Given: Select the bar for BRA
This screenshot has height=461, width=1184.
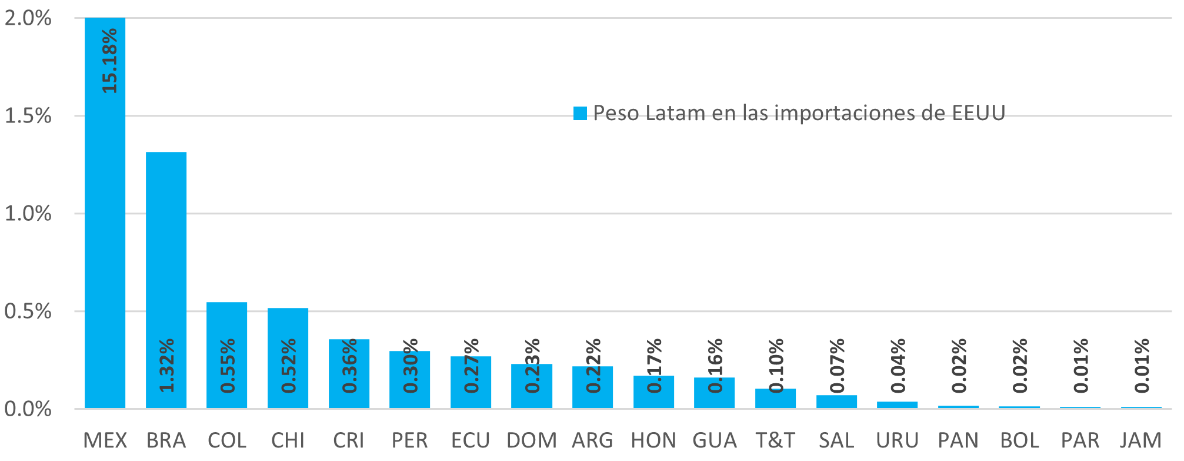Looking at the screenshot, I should [x=166, y=280].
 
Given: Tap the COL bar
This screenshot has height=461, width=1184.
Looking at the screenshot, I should [x=226, y=355].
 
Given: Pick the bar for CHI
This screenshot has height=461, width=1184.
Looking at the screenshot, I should [x=288, y=358].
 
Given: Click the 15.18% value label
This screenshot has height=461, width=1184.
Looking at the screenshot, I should [x=110, y=61].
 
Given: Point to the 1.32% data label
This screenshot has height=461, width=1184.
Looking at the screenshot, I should [x=167, y=366].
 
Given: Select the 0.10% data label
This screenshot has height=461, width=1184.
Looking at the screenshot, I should [x=776, y=366].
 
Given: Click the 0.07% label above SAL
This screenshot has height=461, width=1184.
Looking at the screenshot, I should [x=837, y=366].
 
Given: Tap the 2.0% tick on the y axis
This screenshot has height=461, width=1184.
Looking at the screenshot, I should [x=28, y=18].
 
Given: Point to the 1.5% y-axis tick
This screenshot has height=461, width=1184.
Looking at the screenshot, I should [x=28, y=116].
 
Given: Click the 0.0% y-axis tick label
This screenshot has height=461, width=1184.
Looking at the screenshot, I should [x=28, y=409].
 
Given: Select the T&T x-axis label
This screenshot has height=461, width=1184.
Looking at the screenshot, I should [x=775, y=440].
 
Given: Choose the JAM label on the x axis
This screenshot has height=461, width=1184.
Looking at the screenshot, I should [x=1140, y=440].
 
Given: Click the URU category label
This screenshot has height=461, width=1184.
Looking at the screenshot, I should [x=897, y=440].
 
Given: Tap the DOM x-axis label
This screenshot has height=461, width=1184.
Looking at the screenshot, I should [x=532, y=440].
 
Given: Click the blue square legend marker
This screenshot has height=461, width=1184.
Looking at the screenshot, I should [x=580, y=113].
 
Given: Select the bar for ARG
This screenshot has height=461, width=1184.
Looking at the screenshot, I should [x=592, y=387].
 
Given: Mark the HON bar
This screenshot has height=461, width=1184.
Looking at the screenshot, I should [x=653, y=392].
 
